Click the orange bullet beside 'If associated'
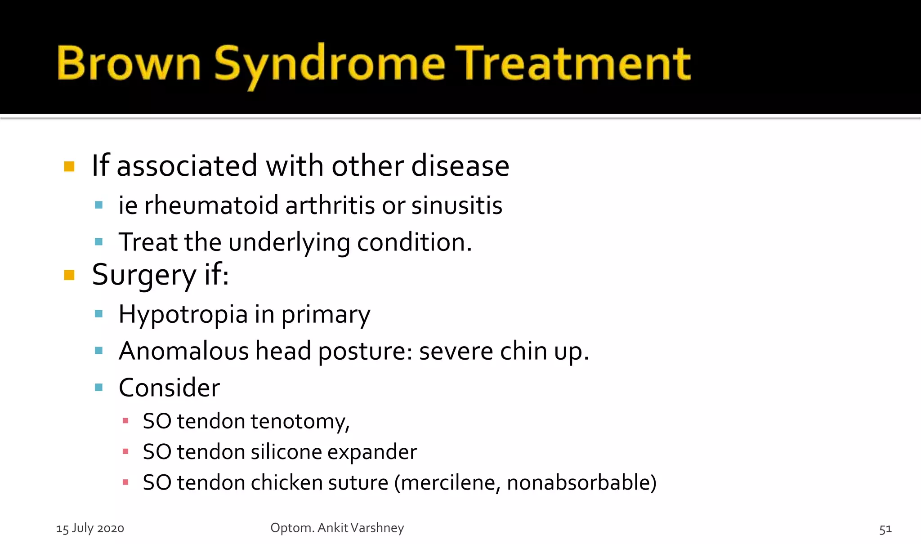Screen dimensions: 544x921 [69, 167]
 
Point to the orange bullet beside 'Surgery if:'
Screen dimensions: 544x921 [69, 275]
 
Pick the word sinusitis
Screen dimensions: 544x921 [456, 205]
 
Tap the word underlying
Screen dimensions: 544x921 [289, 243]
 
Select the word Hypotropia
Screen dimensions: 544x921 [183, 314]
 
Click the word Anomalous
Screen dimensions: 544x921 [183, 351]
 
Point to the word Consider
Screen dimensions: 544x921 [169, 388]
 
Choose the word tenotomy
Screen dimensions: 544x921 [300, 422]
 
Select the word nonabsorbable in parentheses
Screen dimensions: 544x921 [581, 482]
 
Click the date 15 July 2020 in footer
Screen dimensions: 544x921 [90, 528]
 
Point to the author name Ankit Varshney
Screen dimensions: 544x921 [361, 528]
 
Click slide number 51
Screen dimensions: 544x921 [885, 529]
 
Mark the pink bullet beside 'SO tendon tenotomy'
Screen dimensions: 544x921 [125, 421]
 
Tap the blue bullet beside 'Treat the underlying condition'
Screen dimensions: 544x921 [99, 242]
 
